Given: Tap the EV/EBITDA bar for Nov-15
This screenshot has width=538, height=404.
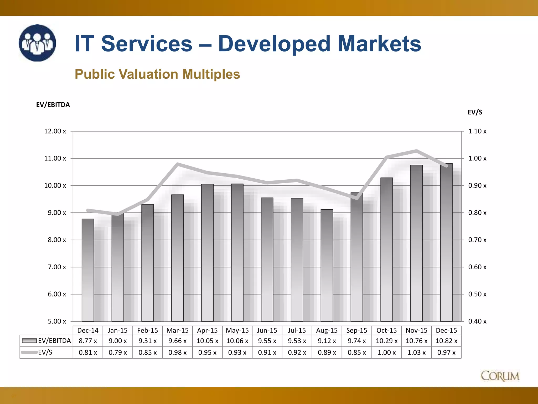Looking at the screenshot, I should (416, 243).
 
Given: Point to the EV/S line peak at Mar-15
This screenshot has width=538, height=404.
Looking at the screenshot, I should (178, 164).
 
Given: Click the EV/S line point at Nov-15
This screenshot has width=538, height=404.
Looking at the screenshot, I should (416, 151).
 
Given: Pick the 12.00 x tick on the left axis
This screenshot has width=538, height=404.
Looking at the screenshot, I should (55, 131).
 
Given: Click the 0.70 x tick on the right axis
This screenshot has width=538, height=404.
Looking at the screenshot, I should (477, 240).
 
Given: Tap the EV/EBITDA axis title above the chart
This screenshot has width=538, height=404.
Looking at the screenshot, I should (53, 105).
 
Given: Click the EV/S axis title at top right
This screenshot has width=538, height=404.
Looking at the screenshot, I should (475, 112).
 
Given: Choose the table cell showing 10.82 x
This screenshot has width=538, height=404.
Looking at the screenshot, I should (446, 341).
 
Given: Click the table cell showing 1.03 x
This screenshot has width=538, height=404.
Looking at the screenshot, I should (416, 352).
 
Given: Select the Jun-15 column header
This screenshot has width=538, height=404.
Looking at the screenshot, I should (267, 330).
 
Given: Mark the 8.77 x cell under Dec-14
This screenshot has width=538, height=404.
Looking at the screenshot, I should (88, 341).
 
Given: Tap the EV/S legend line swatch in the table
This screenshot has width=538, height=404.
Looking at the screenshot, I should (29, 352).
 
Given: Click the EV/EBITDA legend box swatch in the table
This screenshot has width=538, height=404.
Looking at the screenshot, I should (29, 341).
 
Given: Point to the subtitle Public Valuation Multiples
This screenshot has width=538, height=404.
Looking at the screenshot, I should (157, 74).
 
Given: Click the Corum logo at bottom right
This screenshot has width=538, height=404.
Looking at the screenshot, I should (500, 376).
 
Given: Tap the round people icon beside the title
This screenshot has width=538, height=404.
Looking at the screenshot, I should (37, 43).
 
